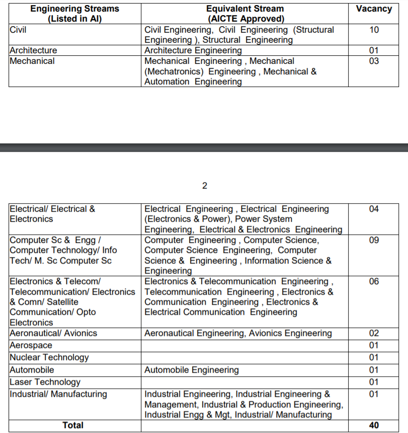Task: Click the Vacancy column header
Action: point(373,9)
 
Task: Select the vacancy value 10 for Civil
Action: point(373,30)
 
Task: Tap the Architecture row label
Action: point(33,50)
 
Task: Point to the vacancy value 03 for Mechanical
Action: point(373,61)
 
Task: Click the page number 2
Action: point(204,186)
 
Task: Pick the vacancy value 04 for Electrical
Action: point(373,209)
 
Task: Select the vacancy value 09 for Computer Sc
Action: point(373,240)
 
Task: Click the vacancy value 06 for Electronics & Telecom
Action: point(373,281)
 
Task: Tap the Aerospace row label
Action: point(31,345)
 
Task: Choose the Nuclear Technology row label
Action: point(49,358)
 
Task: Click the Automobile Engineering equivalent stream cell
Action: point(191,370)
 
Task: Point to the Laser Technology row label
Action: point(45,382)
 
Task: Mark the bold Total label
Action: point(73,425)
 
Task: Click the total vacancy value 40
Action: point(373,425)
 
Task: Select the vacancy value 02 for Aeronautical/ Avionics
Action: point(373,333)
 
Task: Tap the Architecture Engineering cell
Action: point(193,50)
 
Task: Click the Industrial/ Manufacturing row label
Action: point(58,394)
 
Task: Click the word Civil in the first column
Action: point(18,30)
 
